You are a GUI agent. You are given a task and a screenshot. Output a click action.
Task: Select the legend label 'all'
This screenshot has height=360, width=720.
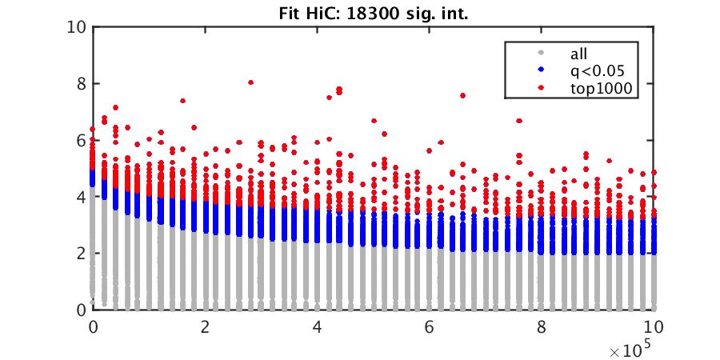pyautogui.click(x=578, y=54)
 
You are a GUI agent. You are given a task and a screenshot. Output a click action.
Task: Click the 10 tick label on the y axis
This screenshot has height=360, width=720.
pyautogui.click(x=77, y=27)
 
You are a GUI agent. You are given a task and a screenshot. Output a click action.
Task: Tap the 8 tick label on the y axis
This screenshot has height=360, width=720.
pyautogui.click(x=81, y=84)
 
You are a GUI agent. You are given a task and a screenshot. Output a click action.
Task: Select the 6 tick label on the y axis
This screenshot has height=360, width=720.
pyautogui.click(x=81, y=141)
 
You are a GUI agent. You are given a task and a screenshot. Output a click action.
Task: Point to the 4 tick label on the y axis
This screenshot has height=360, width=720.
pyautogui.click(x=81, y=197)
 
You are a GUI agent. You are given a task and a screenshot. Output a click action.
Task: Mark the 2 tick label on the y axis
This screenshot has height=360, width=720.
pyautogui.click(x=81, y=254)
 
